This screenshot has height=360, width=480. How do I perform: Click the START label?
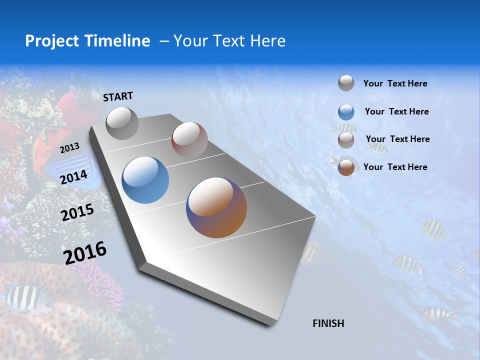[x=118, y=96]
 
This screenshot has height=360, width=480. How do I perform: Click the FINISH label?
[x=328, y=323]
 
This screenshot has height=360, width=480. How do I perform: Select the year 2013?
[x=69, y=147]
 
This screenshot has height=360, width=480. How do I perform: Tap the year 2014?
[x=73, y=177]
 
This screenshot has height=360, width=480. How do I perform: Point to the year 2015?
[x=77, y=212]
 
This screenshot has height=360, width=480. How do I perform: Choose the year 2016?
[x=85, y=252]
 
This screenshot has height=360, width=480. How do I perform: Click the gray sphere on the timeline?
[x=122, y=123]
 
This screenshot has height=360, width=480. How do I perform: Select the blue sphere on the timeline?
[x=145, y=180]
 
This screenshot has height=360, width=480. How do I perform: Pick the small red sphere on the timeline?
[x=189, y=140]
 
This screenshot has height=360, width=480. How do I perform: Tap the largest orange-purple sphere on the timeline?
[x=216, y=207]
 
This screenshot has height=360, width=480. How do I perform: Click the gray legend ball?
[x=346, y=83]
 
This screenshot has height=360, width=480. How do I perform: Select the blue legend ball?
[x=346, y=112]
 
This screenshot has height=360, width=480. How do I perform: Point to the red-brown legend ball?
[x=346, y=140]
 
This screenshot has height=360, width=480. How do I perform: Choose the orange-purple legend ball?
[x=346, y=167]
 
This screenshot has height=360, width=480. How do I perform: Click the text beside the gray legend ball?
[x=395, y=83]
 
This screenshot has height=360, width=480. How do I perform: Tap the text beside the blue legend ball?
[x=396, y=111]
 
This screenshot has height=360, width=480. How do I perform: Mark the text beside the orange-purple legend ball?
[x=395, y=167]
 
